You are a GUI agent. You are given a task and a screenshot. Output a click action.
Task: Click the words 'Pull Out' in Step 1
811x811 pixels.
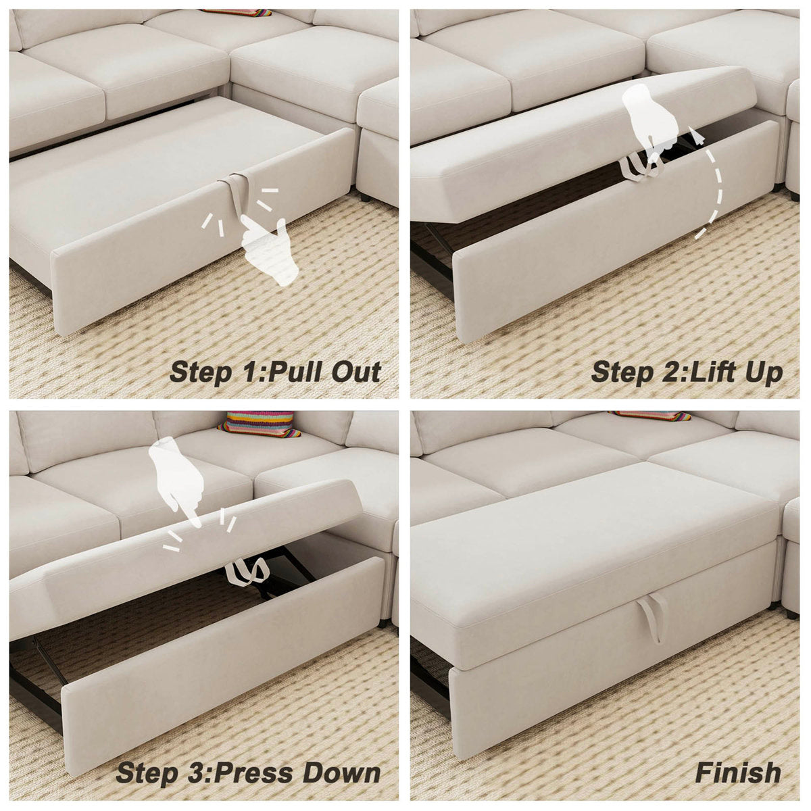click(x=324, y=372)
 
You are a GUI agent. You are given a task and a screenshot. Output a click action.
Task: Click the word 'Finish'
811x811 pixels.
click(x=738, y=772)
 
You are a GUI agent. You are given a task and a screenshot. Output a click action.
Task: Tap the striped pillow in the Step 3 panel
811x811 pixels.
click(x=261, y=423)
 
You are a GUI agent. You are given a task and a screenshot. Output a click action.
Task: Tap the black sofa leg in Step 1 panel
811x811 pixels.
click(x=365, y=197)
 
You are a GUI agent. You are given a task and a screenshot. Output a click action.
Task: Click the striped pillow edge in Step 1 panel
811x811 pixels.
click(x=237, y=12)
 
